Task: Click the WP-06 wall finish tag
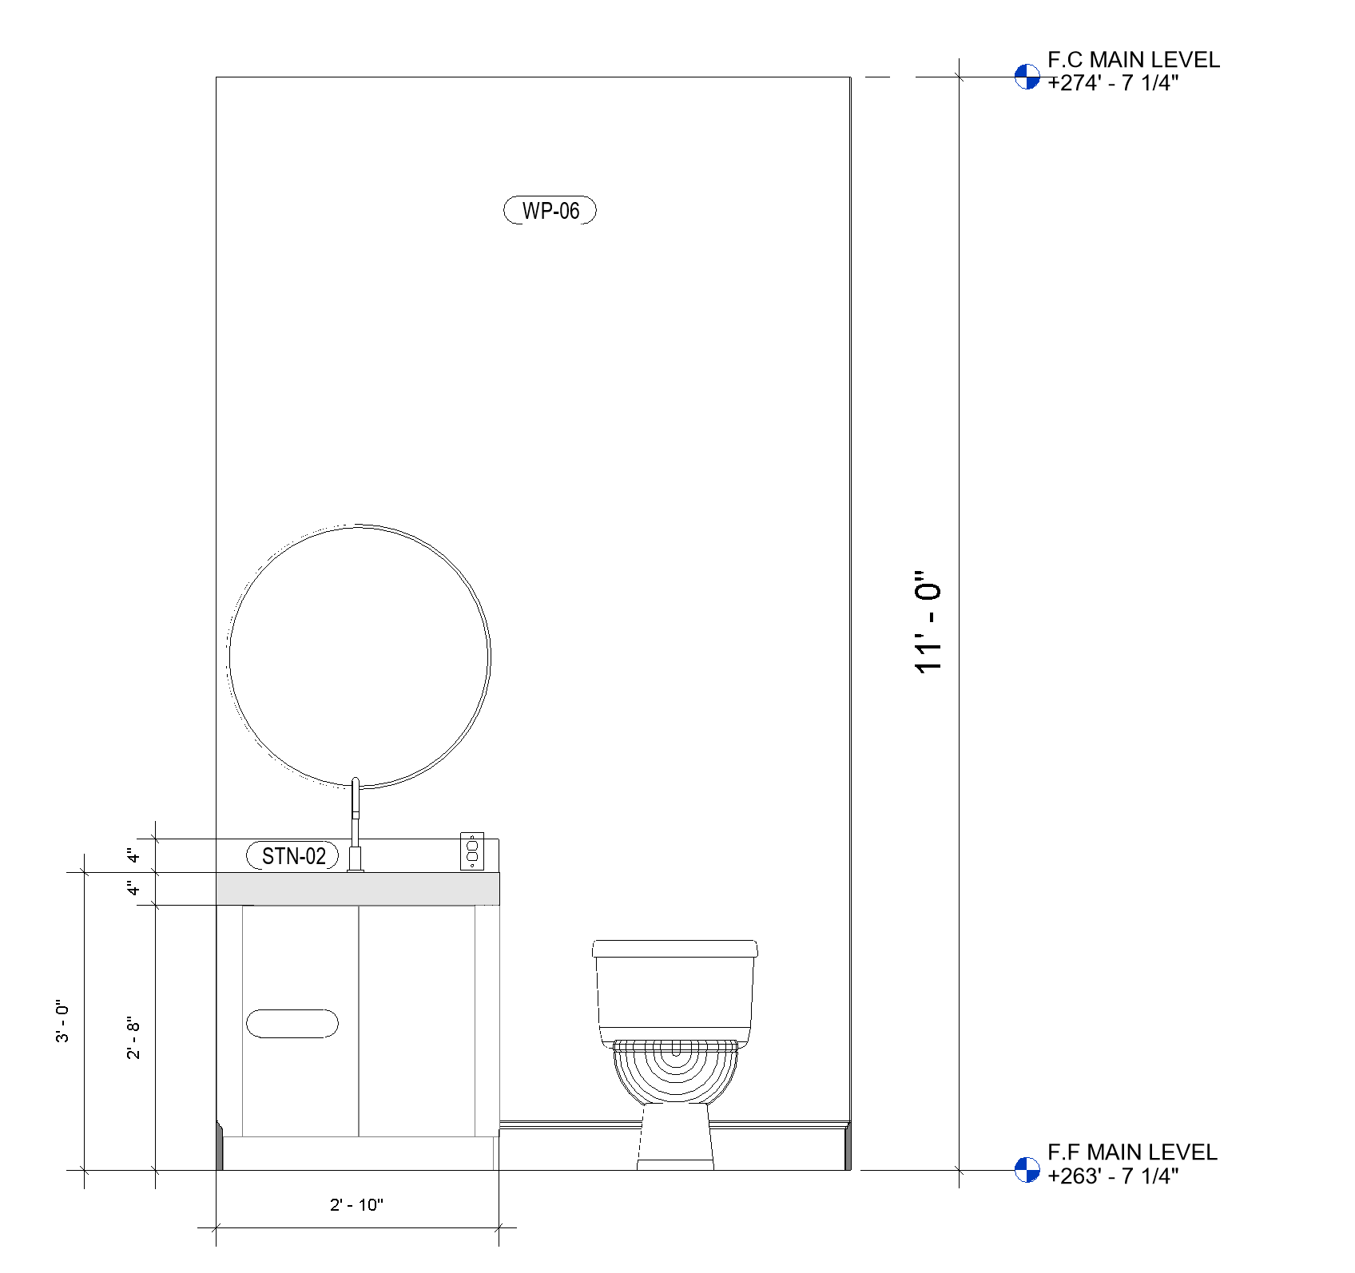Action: [x=550, y=211]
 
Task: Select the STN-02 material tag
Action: [x=292, y=856]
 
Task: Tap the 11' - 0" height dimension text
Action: [x=929, y=622]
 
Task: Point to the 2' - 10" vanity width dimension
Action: [x=356, y=1205]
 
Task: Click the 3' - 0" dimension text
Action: [x=62, y=1021]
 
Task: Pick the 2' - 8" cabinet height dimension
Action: [x=133, y=1037]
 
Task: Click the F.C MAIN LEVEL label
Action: [x=1134, y=60]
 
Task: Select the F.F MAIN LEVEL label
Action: [x=1132, y=1152]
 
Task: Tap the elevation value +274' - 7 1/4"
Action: [x=1113, y=83]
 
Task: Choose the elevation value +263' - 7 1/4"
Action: [x=1113, y=1176]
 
